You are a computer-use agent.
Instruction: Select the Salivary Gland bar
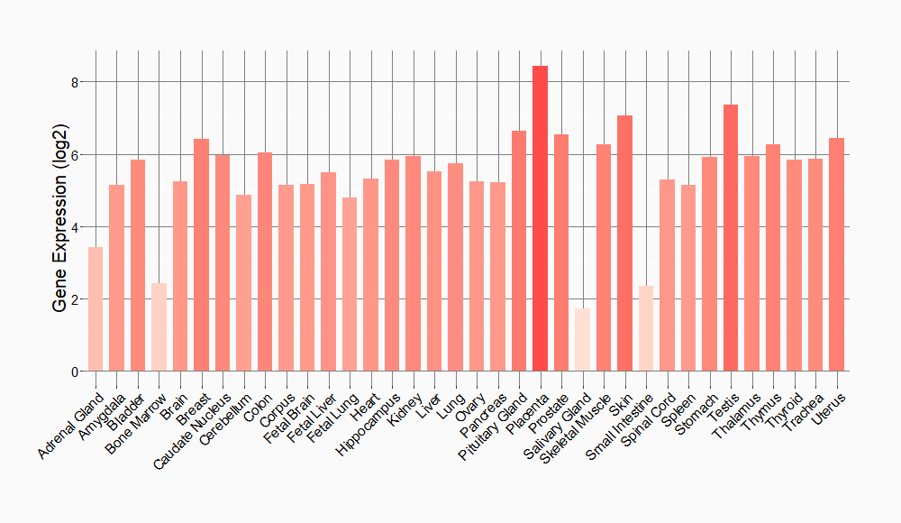point(582,339)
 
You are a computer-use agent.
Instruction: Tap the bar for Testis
point(731,238)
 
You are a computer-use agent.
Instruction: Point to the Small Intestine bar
point(646,328)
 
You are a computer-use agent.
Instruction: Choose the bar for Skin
point(624,243)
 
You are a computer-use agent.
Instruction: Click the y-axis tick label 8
point(76,82)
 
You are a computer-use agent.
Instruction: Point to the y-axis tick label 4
point(76,226)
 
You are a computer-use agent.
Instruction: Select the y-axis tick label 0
point(76,372)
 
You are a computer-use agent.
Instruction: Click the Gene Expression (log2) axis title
point(59,226)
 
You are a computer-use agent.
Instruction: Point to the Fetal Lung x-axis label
point(334,414)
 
